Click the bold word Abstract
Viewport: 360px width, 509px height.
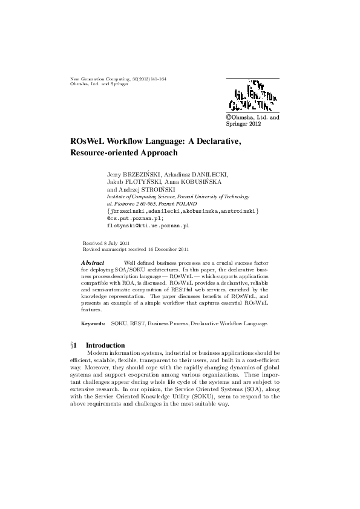[x=92, y=262]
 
